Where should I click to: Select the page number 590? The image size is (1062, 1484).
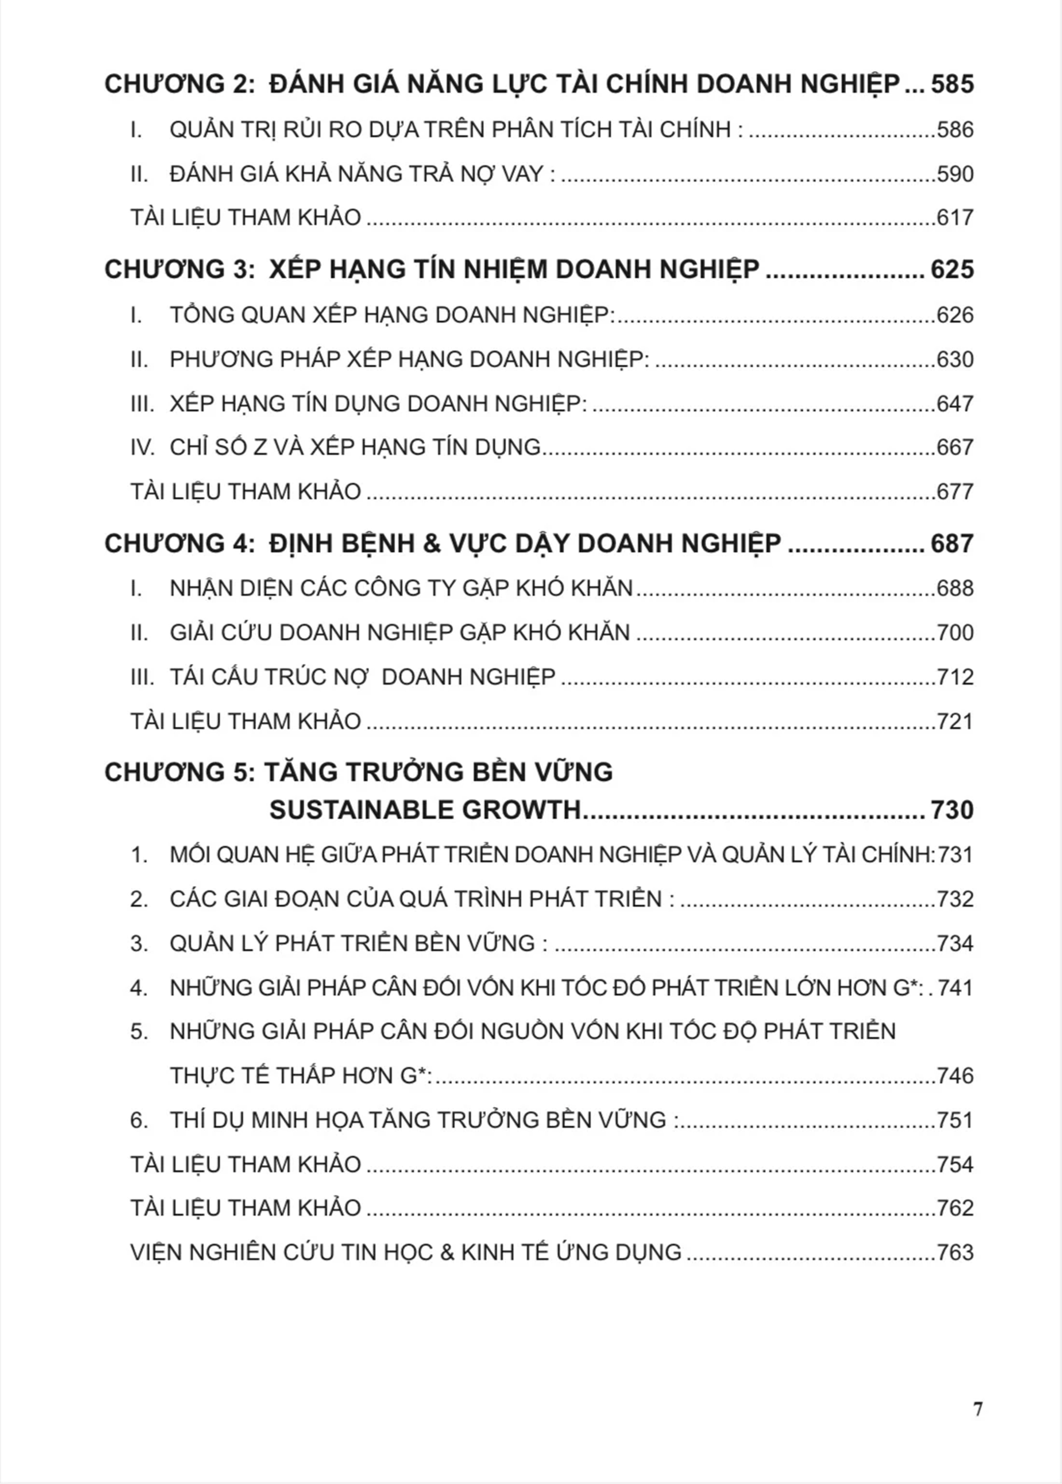[955, 174]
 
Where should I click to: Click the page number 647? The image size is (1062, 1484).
[955, 404]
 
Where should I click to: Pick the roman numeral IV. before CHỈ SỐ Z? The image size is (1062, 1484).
[143, 447]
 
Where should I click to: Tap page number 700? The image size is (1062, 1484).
[955, 632]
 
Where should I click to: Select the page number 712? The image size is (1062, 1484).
[955, 676]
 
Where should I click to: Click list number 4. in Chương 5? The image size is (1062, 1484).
[139, 988]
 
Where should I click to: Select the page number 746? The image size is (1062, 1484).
[955, 1076]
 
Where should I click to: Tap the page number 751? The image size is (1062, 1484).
[955, 1120]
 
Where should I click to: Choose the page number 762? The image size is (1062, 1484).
[955, 1208]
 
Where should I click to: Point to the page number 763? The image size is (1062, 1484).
[955, 1252]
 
